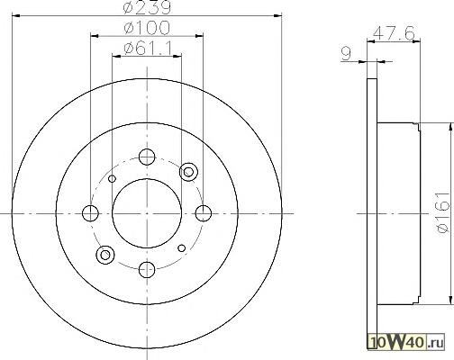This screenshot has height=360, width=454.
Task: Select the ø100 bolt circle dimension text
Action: [x=147, y=28]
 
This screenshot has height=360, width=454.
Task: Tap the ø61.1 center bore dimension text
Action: [x=149, y=48]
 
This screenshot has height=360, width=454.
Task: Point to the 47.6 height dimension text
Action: [x=394, y=32]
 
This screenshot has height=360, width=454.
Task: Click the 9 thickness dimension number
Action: [x=346, y=54]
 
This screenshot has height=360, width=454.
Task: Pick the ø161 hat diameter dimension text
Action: [x=444, y=212]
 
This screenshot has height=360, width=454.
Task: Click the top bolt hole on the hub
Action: [x=147, y=157]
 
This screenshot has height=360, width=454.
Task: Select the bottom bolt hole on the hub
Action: [x=147, y=269]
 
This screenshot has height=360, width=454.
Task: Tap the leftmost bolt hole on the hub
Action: [x=90, y=213]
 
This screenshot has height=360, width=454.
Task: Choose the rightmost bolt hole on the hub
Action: [x=204, y=213]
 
